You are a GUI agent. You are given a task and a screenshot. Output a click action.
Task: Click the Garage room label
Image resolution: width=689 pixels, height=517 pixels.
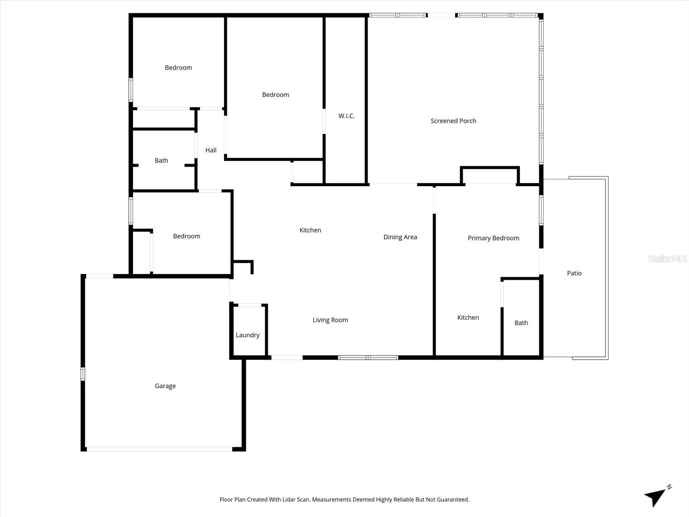(x=165, y=386)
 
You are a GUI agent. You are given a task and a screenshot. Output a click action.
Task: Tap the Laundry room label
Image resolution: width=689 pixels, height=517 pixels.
(x=248, y=335)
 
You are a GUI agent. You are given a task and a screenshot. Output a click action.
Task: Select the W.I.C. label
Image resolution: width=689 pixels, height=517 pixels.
(x=346, y=116)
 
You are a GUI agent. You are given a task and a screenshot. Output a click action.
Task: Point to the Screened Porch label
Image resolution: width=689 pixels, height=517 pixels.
(x=453, y=121)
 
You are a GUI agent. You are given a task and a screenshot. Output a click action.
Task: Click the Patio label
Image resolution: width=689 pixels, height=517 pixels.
(x=574, y=273)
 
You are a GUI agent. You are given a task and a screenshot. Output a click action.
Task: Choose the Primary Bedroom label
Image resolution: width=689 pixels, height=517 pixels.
(x=493, y=238)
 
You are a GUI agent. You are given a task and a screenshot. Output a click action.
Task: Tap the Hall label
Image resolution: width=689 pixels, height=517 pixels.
(x=211, y=150)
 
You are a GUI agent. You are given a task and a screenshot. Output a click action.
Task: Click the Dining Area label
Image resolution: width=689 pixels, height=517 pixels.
(x=400, y=237)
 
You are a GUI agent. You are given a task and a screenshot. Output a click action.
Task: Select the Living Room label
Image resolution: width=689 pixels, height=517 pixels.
(x=330, y=320)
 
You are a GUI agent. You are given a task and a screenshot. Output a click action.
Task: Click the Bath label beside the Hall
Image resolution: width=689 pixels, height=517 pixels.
(x=161, y=161)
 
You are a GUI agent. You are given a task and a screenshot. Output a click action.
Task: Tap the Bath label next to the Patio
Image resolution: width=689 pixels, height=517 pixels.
(x=521, y=323)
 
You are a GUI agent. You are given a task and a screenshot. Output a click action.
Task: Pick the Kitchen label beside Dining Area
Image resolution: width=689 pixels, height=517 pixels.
(x=310, y=230)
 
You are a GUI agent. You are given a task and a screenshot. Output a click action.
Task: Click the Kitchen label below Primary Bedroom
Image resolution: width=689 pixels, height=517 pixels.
(x=468, y=318)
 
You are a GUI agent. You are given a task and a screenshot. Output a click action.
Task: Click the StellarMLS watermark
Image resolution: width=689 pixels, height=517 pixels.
(x=667, y=259)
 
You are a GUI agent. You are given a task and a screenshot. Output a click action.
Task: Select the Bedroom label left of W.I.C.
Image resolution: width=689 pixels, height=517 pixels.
(x=275, y=95)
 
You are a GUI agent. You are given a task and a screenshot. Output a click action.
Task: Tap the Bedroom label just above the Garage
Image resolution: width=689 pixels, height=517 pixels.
(x=186, y=236)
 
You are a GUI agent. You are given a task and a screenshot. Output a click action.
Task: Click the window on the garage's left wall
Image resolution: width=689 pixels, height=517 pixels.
(x=83, y=374)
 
